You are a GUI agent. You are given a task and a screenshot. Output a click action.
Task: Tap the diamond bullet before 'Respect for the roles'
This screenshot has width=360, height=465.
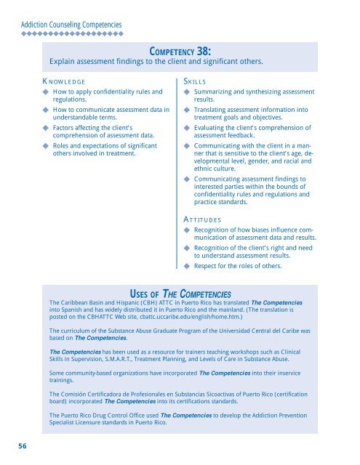pos(187,266)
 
